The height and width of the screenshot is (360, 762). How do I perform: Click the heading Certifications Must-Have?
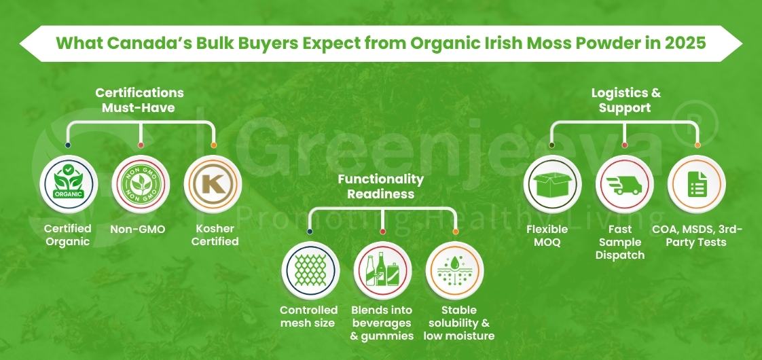139,99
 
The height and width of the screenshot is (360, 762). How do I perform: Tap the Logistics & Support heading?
625,101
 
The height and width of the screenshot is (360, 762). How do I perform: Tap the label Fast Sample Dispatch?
620,242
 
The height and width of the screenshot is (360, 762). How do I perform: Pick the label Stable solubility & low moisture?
458,323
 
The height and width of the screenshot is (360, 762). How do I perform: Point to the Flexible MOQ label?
547,236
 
